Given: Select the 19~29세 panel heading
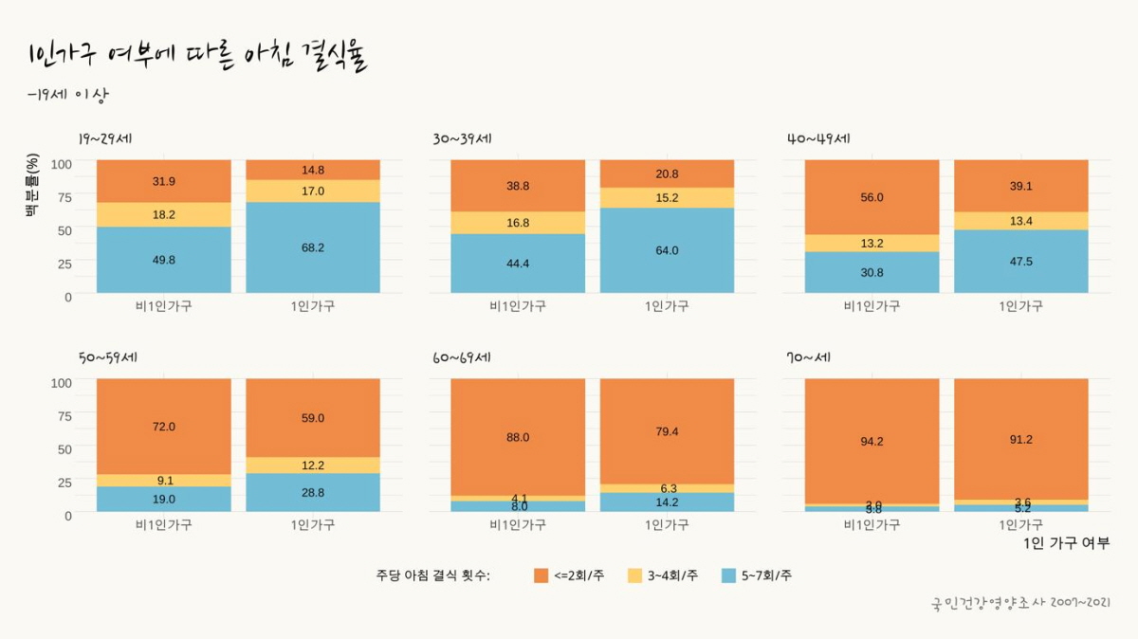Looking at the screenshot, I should tap(111, 139).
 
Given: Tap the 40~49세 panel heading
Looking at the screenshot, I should tap(818, 139).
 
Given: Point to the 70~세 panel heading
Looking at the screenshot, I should tap(809, 358).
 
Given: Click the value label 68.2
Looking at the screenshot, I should tap(312, 247).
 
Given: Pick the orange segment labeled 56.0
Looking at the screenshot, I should tap(872, 197).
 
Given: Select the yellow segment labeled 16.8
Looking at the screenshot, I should tap(518, 223).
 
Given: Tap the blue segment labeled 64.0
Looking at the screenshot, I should tap(667, 250).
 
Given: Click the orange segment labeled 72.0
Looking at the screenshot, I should tap(164, 427).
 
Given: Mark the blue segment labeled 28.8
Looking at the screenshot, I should tap(312, 493).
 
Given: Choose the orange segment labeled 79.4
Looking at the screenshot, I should tap(667, 431).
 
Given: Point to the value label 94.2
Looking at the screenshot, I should tap(872, 441).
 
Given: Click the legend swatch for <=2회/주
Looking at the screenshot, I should tap(541, 575).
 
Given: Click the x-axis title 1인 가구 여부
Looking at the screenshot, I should tap(1066, 543).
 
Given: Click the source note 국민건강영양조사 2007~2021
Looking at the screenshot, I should tap(1020, 603).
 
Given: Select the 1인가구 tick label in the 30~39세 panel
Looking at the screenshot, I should tap(667, 306).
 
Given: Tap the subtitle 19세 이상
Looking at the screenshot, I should tap(70, 96).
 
